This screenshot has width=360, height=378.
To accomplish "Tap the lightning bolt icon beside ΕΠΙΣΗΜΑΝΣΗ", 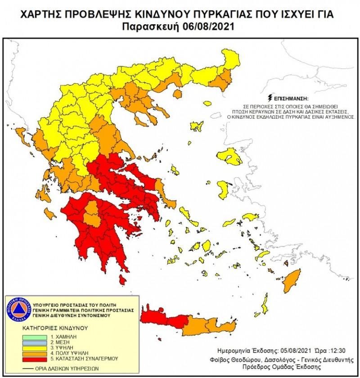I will click(270, 97).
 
